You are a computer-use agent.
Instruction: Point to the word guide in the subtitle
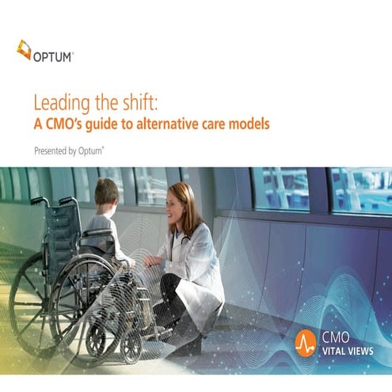point(110,124)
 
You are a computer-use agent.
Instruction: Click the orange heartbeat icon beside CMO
point(305,342)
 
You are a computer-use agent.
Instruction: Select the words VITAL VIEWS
point(348,349)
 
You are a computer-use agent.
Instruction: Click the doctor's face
point(177,205)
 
